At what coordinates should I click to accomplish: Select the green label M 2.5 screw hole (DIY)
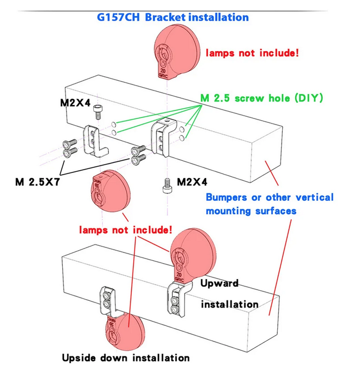261,98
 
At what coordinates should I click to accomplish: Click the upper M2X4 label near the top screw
75,102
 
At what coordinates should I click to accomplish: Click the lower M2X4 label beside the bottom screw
192,182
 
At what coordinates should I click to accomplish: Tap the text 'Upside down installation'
126,358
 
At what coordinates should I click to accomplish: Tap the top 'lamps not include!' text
253,53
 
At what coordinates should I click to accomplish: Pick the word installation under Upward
229,304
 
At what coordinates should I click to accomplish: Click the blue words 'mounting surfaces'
251,211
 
